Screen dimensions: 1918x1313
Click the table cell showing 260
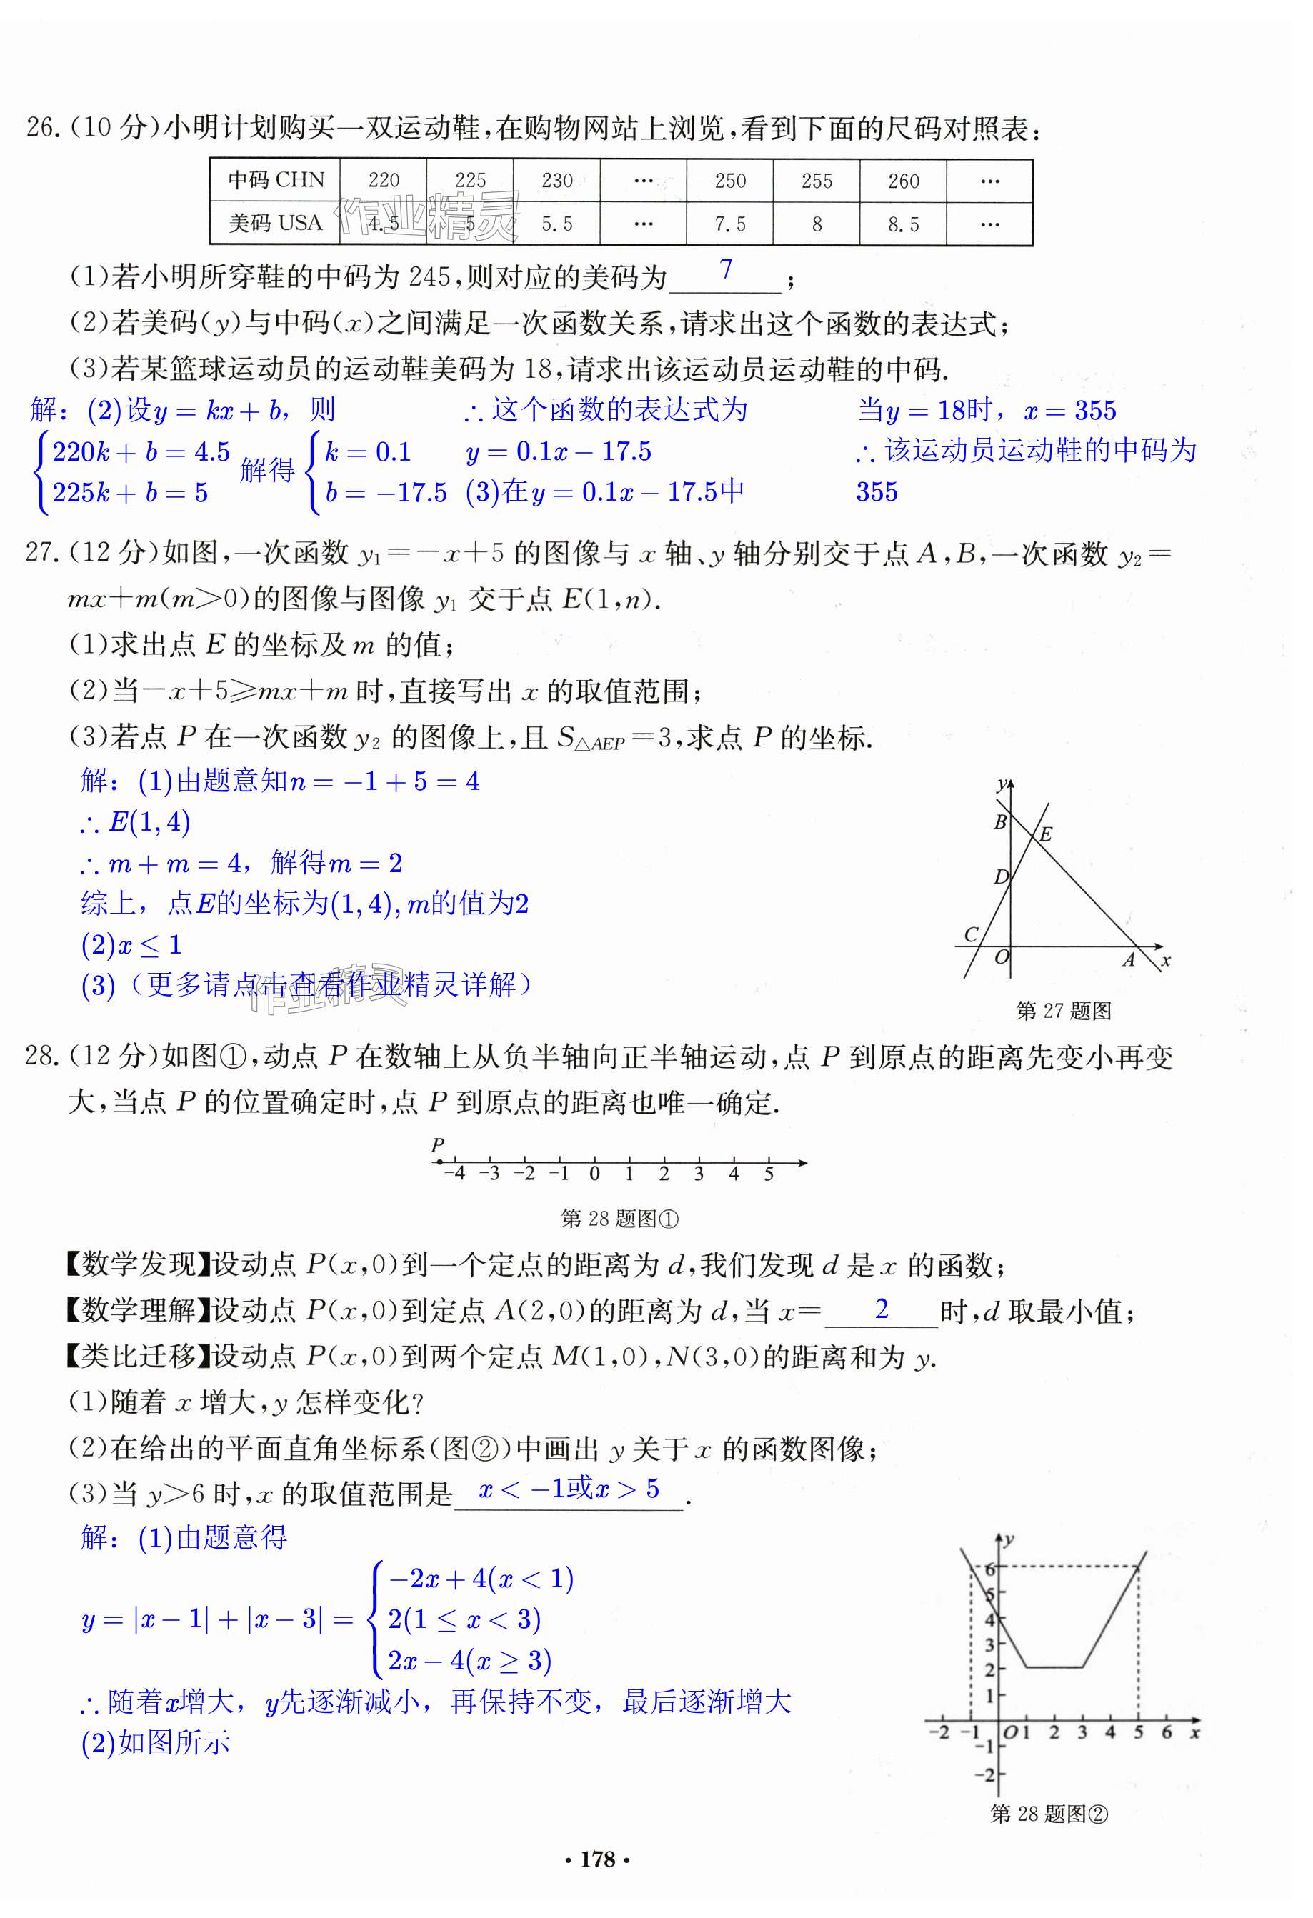(x=903, y=181)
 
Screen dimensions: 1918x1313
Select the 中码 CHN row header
(x=276, y=180)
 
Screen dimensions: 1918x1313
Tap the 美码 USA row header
(x=276, y=224)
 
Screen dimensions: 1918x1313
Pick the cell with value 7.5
(x=729, y=224)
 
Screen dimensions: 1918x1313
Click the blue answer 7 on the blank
(x=725, y=269)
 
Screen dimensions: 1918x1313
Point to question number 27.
(x=39, y=552)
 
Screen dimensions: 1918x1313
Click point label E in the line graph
(x=1046, y=834)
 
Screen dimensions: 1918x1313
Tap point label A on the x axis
(x=1128, y=960)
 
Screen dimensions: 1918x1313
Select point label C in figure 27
(x=972, y=934)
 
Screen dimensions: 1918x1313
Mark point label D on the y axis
(x=1000, y=876)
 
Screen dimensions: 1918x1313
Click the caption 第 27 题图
(x=1063, y=1011)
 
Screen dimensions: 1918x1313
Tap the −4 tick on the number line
(x=455, y=1173)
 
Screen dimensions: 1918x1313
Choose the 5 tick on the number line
(x=769, y=1174)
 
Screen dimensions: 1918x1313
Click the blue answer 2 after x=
(x=882, y=1309)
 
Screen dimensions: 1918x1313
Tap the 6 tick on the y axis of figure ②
(x=990, y=1569)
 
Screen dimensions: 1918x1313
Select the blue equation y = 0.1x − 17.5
(x=559, y=451)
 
